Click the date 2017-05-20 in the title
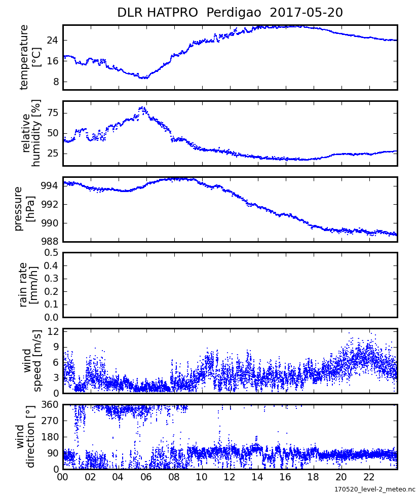(307, 13)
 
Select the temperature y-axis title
(30, 57)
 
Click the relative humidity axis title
(30, 133)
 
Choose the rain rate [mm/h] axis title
(30, 285)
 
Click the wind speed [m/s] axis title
(31, 361)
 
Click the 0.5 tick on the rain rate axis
(51, 252)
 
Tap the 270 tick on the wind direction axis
(51, 421)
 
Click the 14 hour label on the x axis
(257, 477)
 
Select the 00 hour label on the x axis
(63, 477)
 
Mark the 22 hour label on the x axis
(369, 477)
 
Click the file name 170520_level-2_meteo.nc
(374, 489)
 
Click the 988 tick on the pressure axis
(49, 242)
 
